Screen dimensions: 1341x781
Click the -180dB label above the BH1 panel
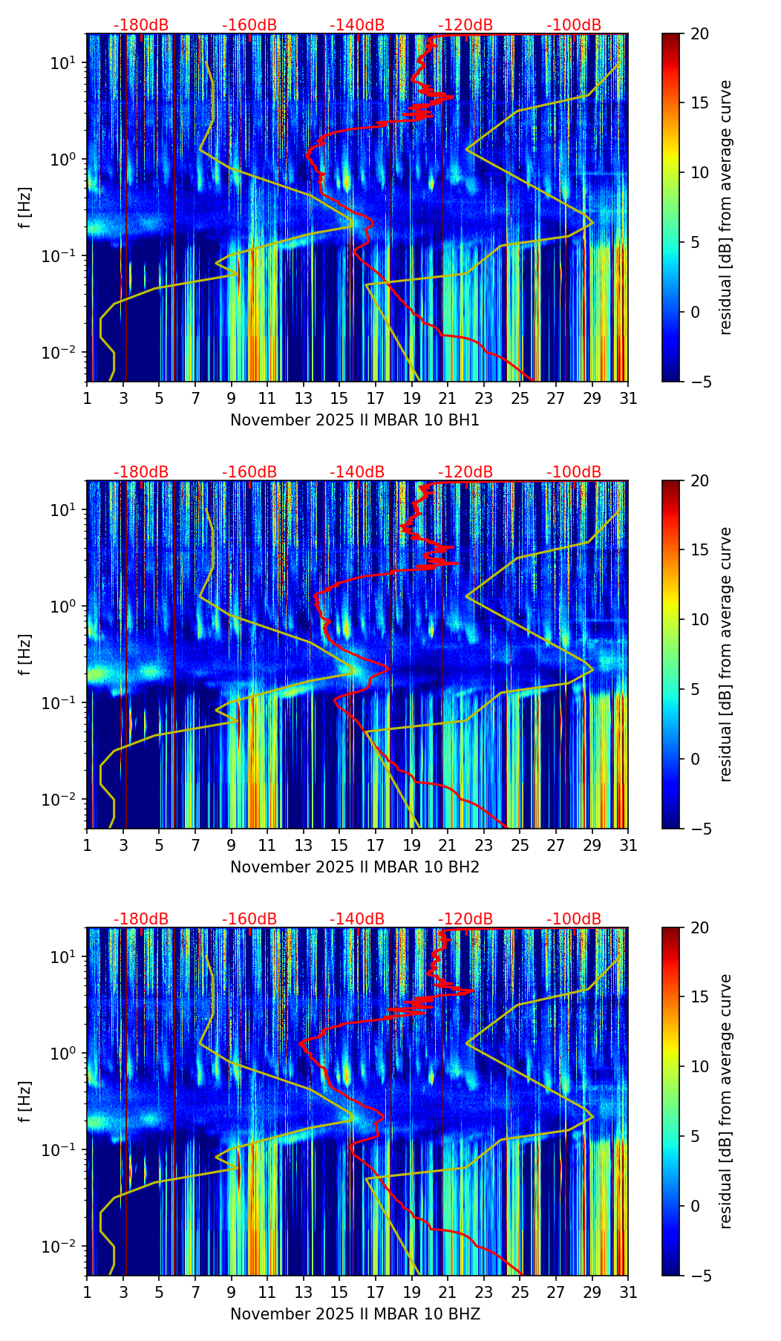tap(141, 25)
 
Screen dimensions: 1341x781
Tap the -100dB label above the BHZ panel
tap(574, 919)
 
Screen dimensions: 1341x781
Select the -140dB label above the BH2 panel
tap(357, 472)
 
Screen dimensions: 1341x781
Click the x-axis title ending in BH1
tap(355, 420)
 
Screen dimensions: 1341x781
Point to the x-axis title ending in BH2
tap(355, 867)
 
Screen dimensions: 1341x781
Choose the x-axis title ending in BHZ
tap(355, 1314)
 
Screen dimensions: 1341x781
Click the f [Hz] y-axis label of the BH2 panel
tap(26, 654)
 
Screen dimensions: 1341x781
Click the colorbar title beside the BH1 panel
tap(725, 207)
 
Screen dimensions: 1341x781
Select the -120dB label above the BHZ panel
tap(465, 919)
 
